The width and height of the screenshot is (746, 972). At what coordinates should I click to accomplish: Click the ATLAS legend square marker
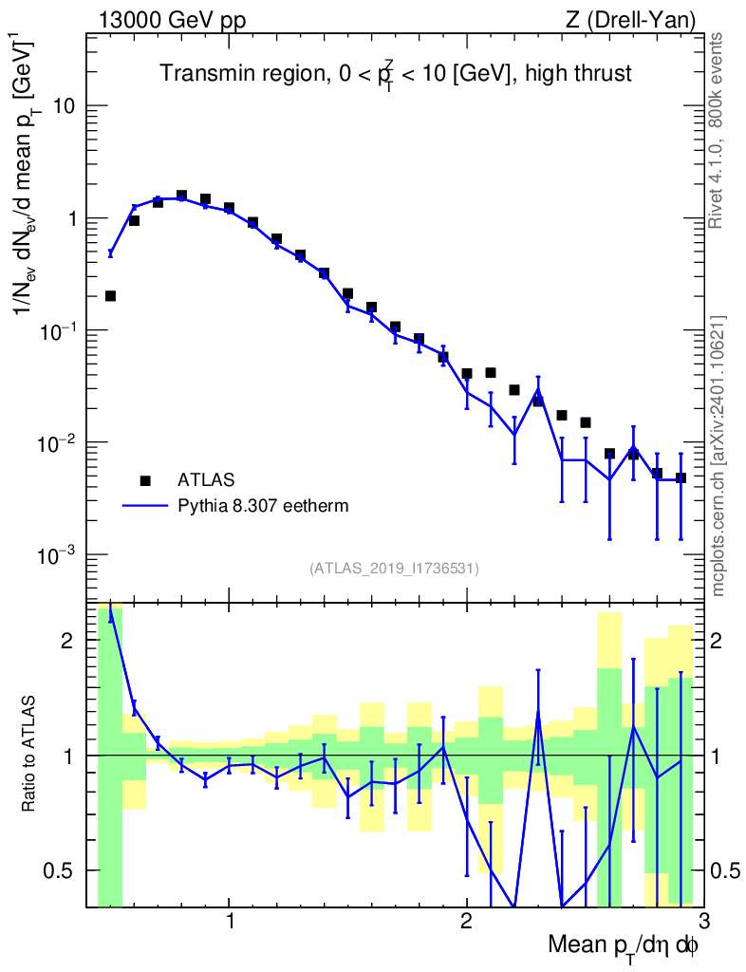pyautogui.click(x=145, y=479)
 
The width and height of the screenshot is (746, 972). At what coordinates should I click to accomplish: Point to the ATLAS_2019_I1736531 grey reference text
pyautogui.click(x=394, y=569)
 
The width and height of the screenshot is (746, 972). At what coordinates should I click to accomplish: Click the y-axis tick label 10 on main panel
pyautogui.click(x=65, y=105)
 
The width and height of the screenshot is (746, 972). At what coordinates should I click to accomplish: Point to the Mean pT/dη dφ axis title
pyautogui.click(x=623, y=946)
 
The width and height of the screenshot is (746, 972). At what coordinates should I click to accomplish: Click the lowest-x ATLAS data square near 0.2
pyautogui.click(x=110, y=296)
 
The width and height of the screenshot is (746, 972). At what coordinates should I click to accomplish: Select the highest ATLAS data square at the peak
pyautogui.click(x=181, y=196)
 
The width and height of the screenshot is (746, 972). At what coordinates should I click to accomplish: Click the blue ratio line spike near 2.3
pyautogui.click(x=538, y=714)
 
